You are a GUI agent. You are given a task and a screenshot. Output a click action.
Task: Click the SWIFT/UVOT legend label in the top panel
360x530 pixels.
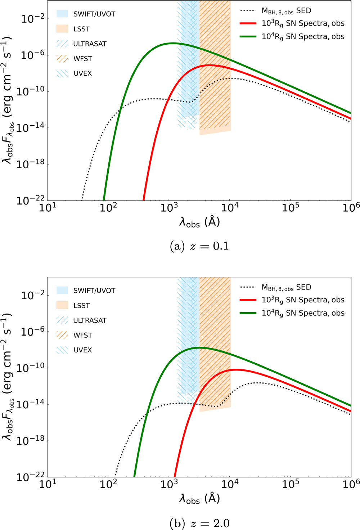pos(94,14)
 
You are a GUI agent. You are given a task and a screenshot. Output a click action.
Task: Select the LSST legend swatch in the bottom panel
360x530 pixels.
pos(62,305)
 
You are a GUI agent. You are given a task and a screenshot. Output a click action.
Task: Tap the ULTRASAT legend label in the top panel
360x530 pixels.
pos(90,44)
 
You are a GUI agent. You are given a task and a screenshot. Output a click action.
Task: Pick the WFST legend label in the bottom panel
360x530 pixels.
pos(83,335)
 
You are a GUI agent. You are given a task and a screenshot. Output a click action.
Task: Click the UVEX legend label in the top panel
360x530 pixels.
pos(83,73)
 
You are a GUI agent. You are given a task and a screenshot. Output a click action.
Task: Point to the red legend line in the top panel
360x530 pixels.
pos(248,23)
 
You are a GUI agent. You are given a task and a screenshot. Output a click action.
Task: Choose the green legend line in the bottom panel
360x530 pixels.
pos(248,313)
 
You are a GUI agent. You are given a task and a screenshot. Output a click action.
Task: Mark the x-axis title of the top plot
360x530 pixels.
pos(199,222)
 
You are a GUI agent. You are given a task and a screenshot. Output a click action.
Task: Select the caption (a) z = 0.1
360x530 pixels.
pos(199,246)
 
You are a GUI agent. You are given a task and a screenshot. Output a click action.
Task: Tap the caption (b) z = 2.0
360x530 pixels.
pos(199,523)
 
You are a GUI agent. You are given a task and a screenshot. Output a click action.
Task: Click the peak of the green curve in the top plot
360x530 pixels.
pos(172,43)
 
